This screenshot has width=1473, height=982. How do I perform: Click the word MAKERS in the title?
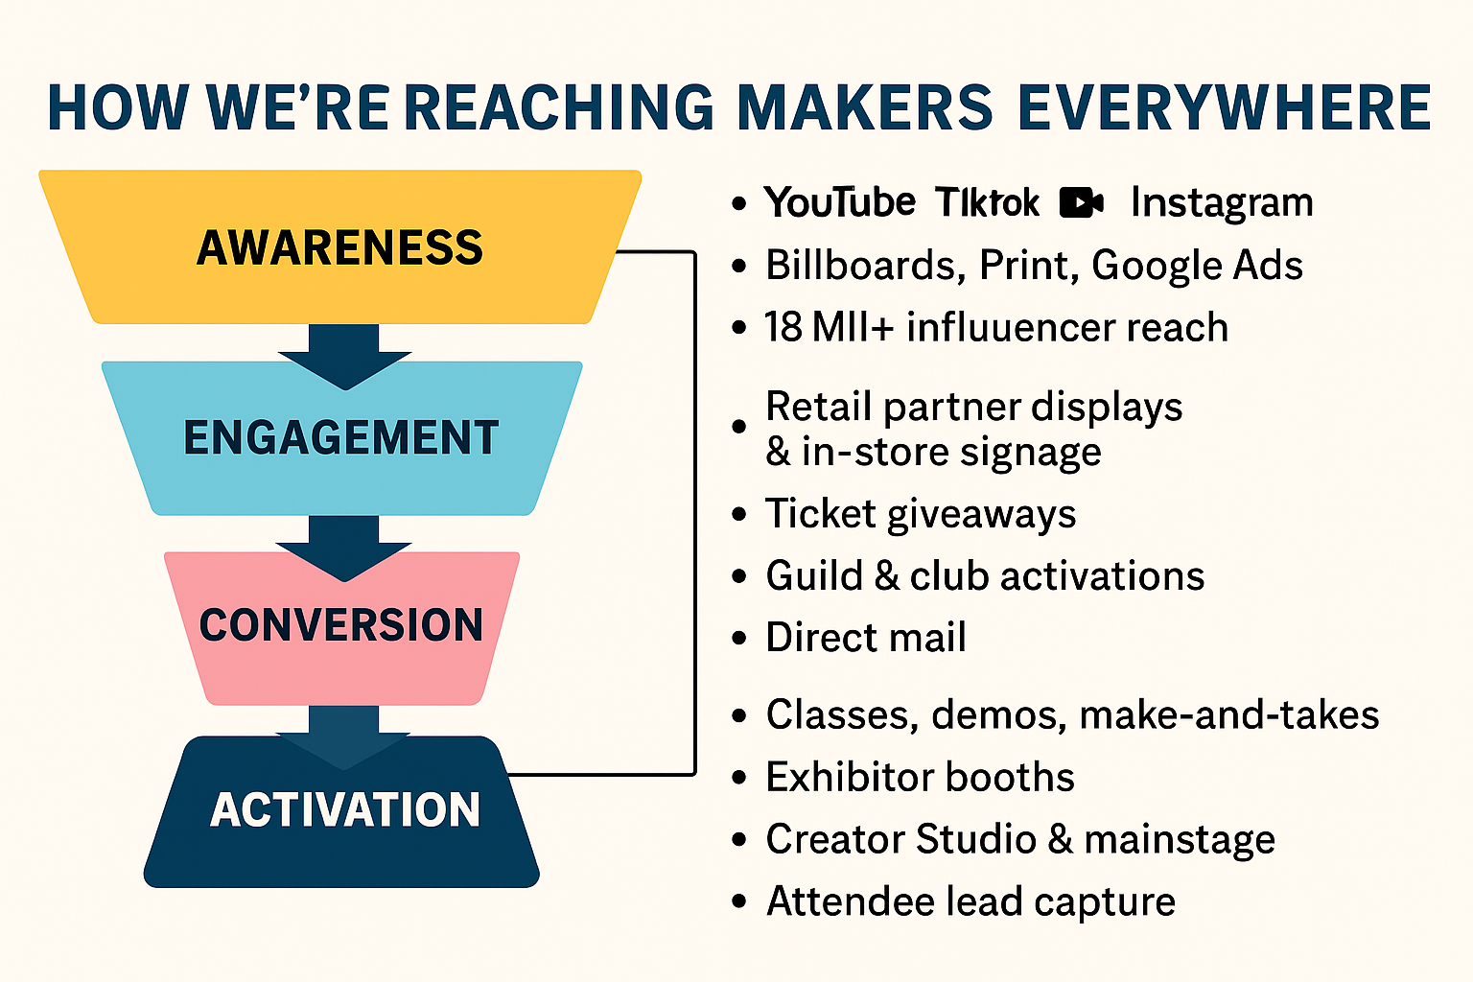coord(865,107)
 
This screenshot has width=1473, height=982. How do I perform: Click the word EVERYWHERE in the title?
coord(1224,107)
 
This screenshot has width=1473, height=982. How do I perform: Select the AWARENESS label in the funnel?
coord(340,248)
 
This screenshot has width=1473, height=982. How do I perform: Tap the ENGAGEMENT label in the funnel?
coord(341,437)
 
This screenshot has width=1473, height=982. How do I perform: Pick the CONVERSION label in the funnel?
coord(341,624)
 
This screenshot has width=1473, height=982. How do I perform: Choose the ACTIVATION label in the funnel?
coord(345,809)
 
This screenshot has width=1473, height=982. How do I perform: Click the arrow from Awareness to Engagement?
coord(344,357)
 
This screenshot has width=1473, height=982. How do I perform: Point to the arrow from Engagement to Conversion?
coord(344,549)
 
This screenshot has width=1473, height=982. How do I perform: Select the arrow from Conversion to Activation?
coord(344,738)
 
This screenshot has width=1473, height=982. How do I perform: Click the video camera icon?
coord(1082,202)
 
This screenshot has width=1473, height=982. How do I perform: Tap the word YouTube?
coord(840,202)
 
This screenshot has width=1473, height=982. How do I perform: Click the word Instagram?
coord(1222,203)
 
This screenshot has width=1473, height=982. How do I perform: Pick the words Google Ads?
coord(1197,266)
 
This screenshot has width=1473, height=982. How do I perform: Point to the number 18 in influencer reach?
coord(783,328)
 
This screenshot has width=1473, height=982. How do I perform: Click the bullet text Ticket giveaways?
coord(921,514)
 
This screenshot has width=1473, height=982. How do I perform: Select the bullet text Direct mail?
coord(866,638)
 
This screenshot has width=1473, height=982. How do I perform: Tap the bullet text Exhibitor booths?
coord(920,778)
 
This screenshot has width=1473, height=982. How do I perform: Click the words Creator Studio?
coord(900,839)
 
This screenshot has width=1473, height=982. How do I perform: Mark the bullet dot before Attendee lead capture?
coord(739,901)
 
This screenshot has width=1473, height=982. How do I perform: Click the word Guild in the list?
coord(813,576)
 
